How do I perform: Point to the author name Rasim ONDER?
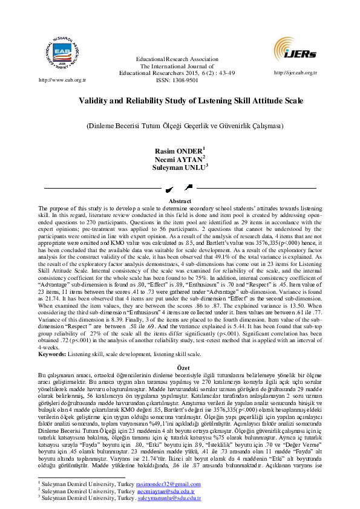click(x=178, y=151)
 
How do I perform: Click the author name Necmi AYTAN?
click(x=178, y=159)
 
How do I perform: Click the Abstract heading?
click(x=180, y=201)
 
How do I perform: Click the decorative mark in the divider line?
click(x=180, y=189)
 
